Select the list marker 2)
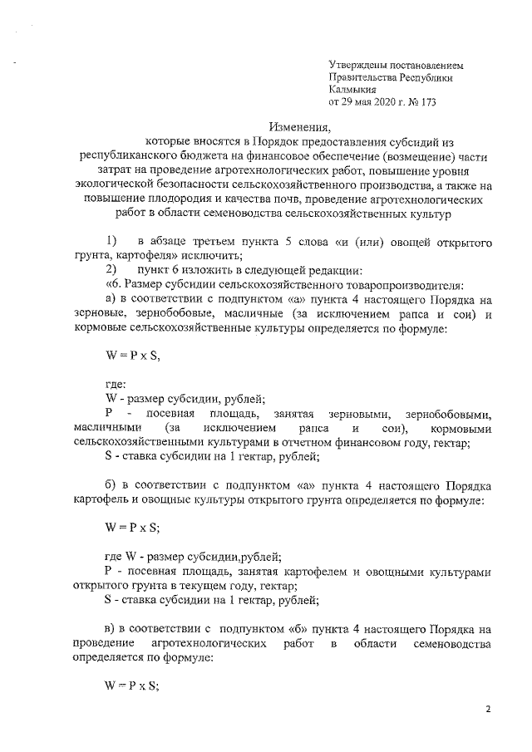tap(99, 271)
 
